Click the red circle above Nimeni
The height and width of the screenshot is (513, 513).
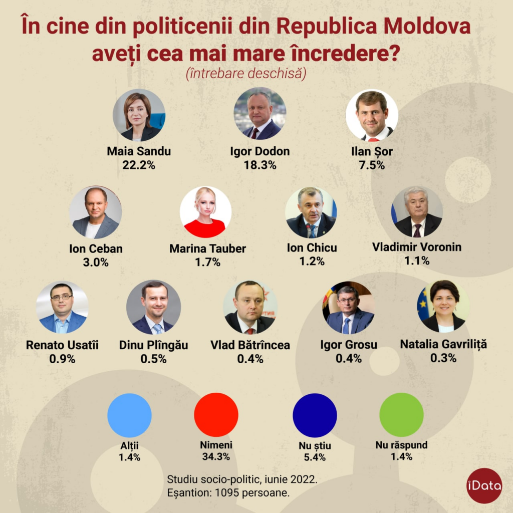[216, 415]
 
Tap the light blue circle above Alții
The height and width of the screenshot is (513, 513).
[129, 415]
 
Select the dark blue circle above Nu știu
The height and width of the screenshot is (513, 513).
[315, 415]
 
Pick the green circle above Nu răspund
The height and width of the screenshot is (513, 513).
[401, 415]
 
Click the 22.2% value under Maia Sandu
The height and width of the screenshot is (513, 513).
[139, 165]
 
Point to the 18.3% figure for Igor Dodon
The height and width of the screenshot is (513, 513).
[260, 165]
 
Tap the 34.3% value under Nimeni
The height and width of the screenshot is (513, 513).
[216, 456]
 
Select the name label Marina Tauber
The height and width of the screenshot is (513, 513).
[207, 248]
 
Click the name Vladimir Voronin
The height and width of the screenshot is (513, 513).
[417, 247]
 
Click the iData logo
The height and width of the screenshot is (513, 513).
[484, 485]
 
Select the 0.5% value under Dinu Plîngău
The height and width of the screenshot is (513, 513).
[153, 359]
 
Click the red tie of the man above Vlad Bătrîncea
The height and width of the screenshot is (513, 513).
[249, 331]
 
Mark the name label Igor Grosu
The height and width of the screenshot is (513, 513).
[349, 345]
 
